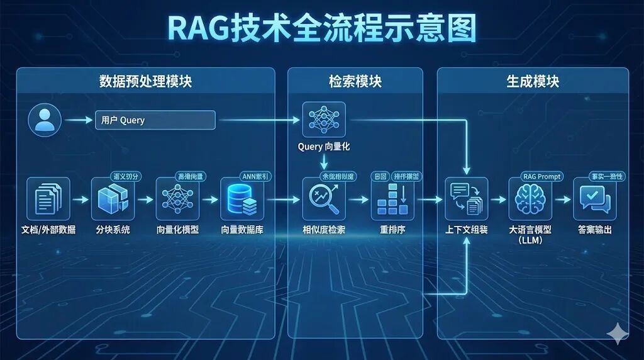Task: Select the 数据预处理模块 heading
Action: (x=145, y=81)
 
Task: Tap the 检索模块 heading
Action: (x=355, y=81)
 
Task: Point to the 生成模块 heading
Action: (x=533, y=81)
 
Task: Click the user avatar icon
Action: (x=45, y=120)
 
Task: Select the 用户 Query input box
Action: (x=155, y=120)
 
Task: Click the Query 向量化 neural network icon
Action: (x=324, y=120)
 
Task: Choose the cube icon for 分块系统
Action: (x=113, y=199)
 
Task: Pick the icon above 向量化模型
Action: (x=177, y=199)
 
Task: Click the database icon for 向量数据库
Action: (x=242, y=199)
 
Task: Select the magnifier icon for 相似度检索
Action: (x=324, y=199)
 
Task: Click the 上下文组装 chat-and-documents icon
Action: (x=467, y=199)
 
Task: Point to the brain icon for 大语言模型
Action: (x=530, y=199)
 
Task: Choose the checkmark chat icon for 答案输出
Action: (x=594, y=199)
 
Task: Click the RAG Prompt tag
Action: (x=541, y=177)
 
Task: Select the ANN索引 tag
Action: (x=257, y=177)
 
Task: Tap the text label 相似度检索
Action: (x=324, y=230)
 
